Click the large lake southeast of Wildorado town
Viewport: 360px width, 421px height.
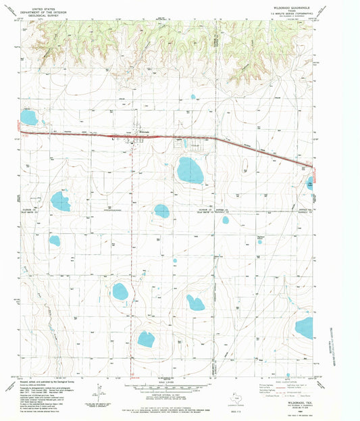click(190, 170)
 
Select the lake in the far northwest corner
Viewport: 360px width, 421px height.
click(28, 118)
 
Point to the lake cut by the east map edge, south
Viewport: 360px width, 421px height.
click(304, 328)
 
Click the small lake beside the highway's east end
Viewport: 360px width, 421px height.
click(310, 182)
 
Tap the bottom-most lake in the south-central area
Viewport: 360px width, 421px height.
click(146, 339)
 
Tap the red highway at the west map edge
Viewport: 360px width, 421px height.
click(23, 133)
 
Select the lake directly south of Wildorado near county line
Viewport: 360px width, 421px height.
click(161, 211)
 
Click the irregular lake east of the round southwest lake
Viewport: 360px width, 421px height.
click(195, 302)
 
